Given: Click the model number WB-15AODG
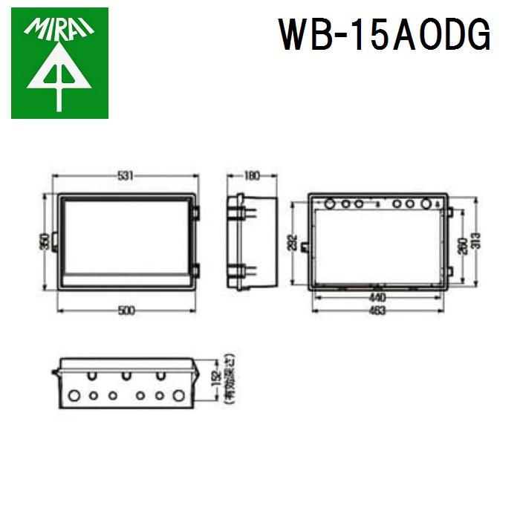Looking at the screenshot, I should [384, 35].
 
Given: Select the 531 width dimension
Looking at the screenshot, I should [126, 175].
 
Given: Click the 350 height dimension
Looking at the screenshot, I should [45, 241].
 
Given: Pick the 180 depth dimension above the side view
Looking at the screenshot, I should [252, 175].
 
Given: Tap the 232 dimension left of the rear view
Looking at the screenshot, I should [293, 242].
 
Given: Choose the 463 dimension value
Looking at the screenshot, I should [377, 311].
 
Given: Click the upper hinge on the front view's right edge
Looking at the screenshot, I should [195, 213].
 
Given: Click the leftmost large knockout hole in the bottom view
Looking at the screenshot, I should [74, 395].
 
